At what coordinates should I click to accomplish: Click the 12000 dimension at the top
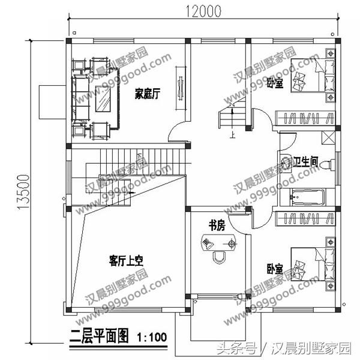pos(197,10)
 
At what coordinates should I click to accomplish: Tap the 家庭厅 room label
pos(146,94)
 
